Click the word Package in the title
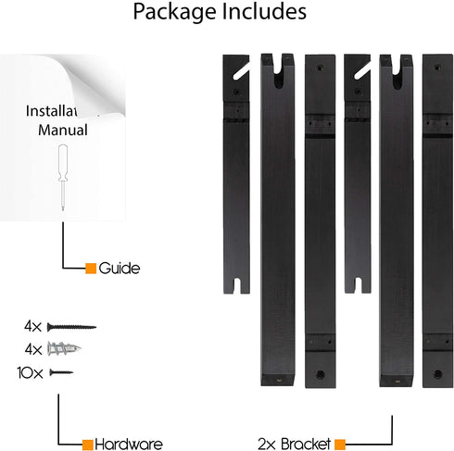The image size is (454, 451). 175,12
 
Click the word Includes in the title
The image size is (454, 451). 264,11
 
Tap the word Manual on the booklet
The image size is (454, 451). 63,130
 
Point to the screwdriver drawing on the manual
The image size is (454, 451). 63,177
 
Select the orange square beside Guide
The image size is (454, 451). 91,269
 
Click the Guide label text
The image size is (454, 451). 120,269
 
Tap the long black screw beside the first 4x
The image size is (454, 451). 71,327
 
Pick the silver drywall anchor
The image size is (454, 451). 64,349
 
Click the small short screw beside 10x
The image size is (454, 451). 61,372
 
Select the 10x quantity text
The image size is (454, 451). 30,373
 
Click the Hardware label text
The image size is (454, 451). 129,445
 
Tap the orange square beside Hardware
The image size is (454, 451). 87,445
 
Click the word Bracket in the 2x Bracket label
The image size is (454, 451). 306,445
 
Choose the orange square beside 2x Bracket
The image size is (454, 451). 340,445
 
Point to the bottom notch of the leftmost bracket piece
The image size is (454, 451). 236,285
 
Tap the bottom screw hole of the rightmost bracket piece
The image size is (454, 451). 437,374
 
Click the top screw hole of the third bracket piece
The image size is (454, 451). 320,68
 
